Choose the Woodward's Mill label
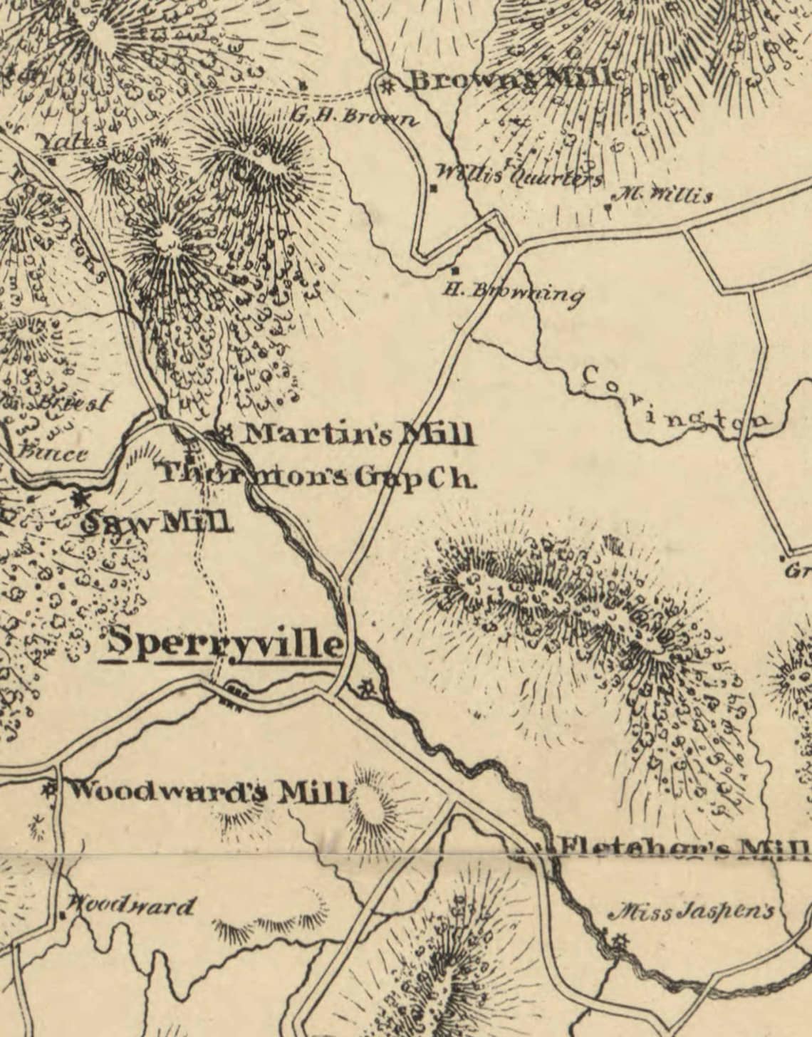[x=210, y=791]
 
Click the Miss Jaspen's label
[x=693, y=912]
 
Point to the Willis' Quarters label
[x=518, y=174]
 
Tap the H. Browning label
[x=513, y=291]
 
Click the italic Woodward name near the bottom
[x=130, y=907]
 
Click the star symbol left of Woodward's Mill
[x=50, y=788]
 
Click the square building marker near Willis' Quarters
[x=433, y=188]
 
